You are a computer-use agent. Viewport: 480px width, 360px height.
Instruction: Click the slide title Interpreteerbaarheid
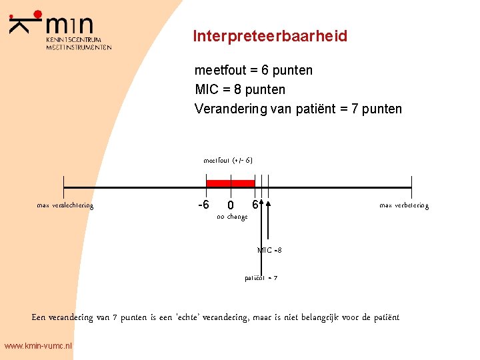coord(270,36)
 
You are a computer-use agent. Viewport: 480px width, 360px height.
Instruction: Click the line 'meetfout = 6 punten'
coord(253,70)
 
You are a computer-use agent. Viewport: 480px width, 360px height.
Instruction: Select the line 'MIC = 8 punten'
coord(239,89)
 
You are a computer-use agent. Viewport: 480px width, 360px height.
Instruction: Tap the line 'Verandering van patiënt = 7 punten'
coord(298,109)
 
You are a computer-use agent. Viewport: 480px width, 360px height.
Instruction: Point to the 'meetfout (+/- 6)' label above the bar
coord(227,160)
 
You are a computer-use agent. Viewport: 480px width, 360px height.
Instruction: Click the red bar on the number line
coord(231,183)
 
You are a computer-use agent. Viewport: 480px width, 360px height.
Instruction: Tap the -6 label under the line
coord(204,204)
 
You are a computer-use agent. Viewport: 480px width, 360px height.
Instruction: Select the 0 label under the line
coord(230,205)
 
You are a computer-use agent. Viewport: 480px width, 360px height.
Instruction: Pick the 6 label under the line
coord(255,203)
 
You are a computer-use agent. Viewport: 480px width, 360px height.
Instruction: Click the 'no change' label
coord(232,217)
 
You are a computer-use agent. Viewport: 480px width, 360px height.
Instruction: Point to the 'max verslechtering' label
coord(65,205)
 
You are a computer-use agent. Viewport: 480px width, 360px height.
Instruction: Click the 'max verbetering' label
coord(404,205)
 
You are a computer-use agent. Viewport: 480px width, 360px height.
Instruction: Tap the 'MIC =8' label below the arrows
coord(269,250)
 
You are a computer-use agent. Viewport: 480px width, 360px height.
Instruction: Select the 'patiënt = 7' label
coord(261,277)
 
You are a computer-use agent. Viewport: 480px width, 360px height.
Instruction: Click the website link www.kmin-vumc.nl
coord(38,346)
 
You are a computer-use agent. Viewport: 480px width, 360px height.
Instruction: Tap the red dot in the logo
coord(37,14)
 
